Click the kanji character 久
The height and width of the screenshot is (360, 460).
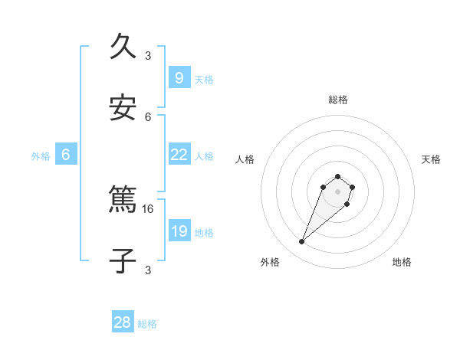(x=123, y=47)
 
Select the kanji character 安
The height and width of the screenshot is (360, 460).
(x=123, y=108)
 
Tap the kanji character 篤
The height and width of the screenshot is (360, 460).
(x=123, y=200)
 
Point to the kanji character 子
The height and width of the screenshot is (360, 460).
(x=123, y=260)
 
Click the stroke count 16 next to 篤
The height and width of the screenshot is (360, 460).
(x=149, y=208)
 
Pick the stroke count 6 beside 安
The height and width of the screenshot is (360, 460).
(x=148, y=116)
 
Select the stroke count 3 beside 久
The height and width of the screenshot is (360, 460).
(x=148, y=55)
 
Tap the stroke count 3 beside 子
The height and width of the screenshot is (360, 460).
(x=148, y=270)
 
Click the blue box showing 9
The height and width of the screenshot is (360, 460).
(x=179, y=77)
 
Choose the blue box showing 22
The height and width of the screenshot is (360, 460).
(x=179, y=154)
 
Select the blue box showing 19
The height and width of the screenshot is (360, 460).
(x=179, y=231)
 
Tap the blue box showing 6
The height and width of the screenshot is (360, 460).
(x=66, y=154)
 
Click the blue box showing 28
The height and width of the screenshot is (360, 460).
(x=123, y=322)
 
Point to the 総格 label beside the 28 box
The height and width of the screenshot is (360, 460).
(x=147, y=324)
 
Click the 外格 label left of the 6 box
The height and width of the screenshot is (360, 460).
(x=41, y=156)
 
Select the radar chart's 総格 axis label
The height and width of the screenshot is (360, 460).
(x=338, y=100)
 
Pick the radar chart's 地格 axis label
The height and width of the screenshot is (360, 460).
(x=402, y=262)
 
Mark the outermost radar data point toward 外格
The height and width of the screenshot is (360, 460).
(x=302, y=242)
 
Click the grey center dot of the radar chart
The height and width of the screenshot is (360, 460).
(x=337, y=191)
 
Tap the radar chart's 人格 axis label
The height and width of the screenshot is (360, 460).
(x=245, y=159)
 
